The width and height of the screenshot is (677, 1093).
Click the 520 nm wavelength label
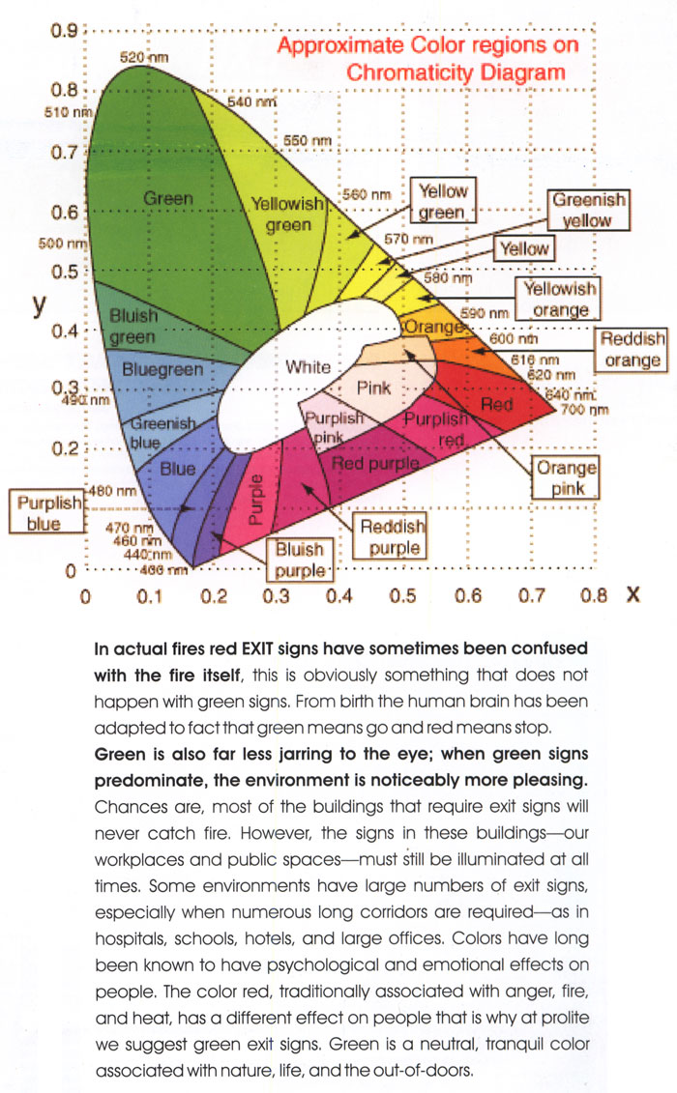pos(144,59)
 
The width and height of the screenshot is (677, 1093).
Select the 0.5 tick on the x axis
pos(402,597)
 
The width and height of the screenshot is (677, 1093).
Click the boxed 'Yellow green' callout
pos(443,202)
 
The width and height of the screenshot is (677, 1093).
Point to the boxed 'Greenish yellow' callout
pos(588,210)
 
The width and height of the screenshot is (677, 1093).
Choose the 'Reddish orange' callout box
pos(633,350)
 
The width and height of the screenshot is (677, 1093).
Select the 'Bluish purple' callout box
pos(300,558)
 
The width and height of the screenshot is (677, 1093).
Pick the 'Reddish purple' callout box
pos(391,536)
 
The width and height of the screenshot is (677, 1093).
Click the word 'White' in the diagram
pos(309,367)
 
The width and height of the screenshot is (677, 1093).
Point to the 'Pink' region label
pos(374,388)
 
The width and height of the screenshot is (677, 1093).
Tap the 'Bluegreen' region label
pos(162,370)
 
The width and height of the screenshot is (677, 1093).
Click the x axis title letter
pos(633,595)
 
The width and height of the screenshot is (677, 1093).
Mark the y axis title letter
pos(39,304)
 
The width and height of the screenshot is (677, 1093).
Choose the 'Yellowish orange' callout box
pos(559,298)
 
